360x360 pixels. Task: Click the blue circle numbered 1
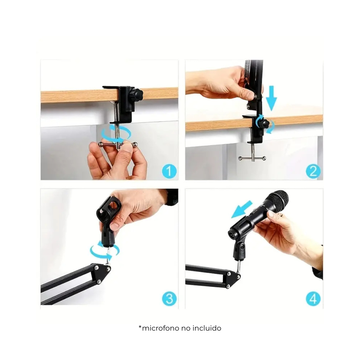[x=169, y=171]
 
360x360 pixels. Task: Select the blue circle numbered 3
[x=169, y=299]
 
